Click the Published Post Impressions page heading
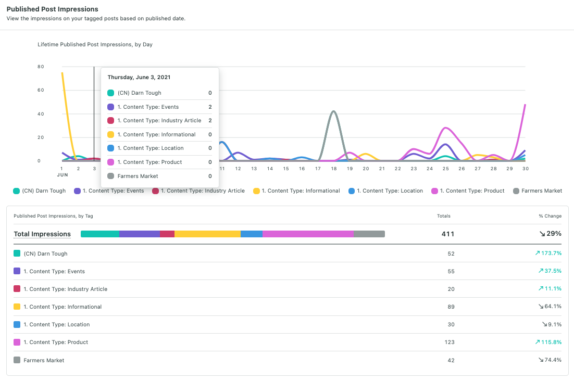point(52,9)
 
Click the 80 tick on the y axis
point(41,67)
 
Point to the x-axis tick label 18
point(333,169)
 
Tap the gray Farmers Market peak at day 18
point(333,111)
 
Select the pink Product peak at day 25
point(445,128)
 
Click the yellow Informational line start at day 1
point(63,73)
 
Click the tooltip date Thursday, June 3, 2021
point(139,77)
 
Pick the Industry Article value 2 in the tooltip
point(210,121)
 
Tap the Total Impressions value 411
point(448,234)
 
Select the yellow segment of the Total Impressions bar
point(207,234)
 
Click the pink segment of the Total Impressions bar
point(308,234)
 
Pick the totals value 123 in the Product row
point(450,342)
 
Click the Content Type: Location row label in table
point(56,325)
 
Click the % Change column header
point(550,216)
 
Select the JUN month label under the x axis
point(63,175)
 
